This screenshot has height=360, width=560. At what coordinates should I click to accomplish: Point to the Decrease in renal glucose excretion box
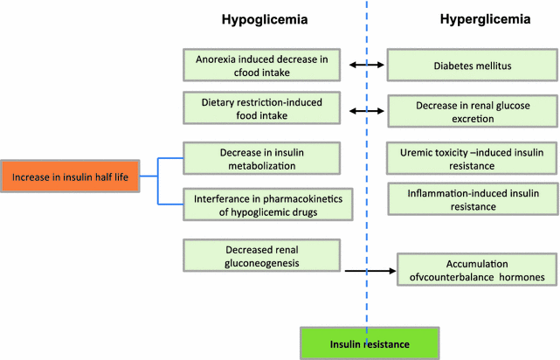click(x=460, y=111)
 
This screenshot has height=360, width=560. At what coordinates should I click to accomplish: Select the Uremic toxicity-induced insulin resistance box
click(x=460, y=157)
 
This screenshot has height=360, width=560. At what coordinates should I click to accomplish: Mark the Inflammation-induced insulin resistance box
click(x=460, y=199)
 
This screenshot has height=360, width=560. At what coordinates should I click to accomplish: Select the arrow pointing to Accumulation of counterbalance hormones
click(x=367, y=271)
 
